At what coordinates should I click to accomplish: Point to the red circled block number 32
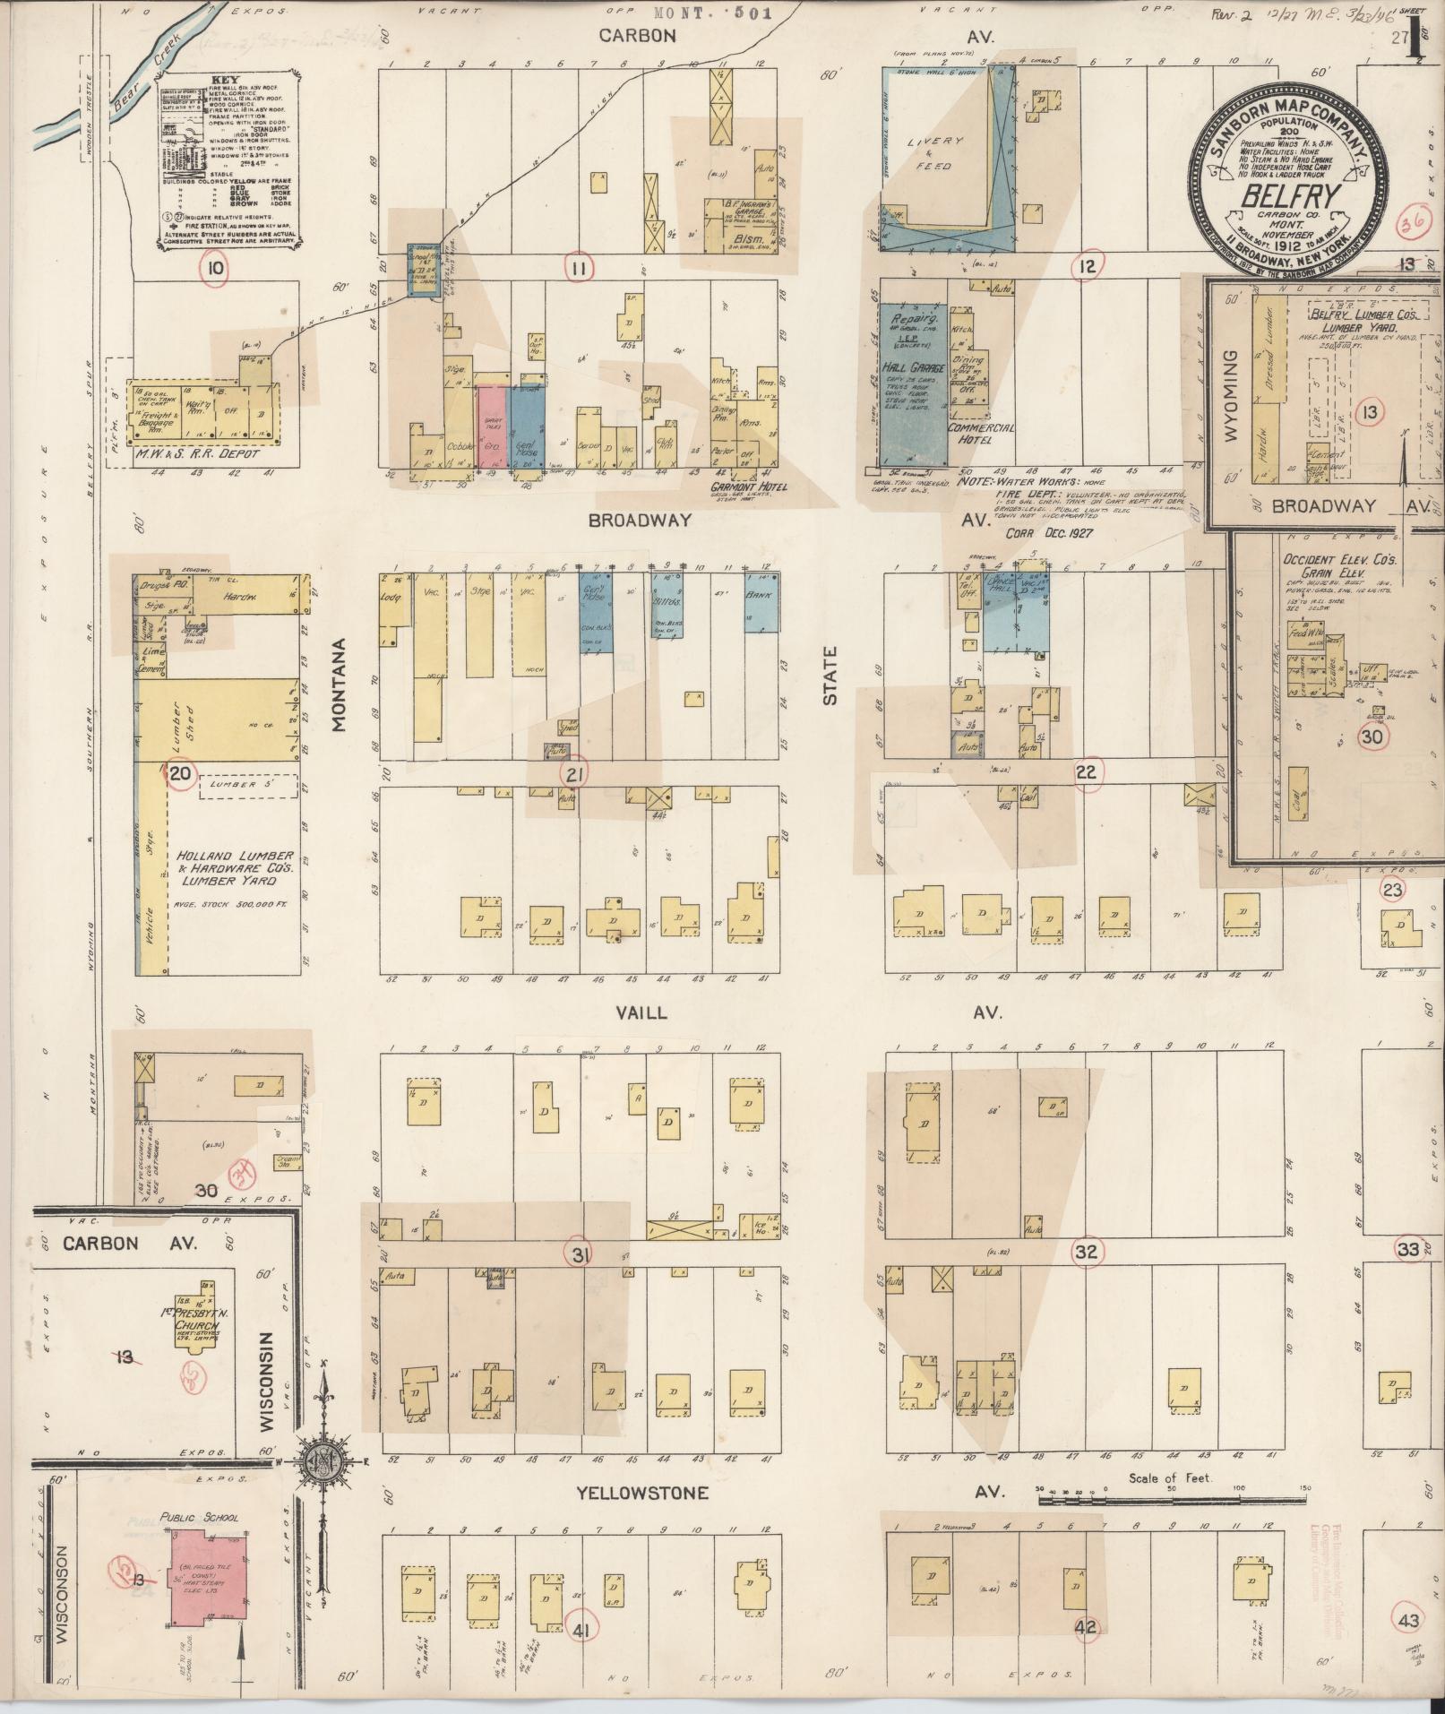[x=1087, y=1252]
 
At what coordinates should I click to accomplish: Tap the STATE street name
[x=830, y=676]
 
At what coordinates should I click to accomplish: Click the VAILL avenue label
[x=641, y=1012]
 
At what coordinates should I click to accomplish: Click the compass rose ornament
[x=323, y=1460]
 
